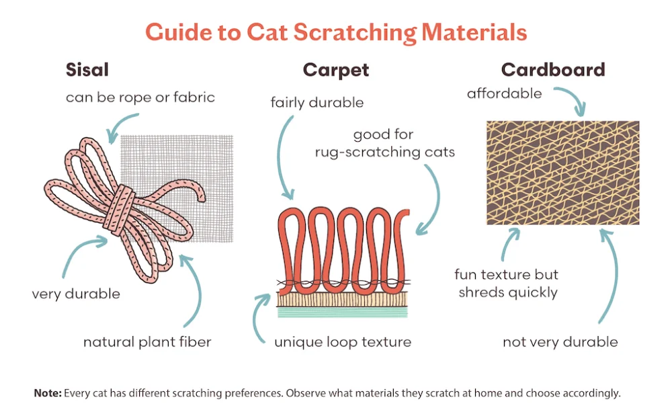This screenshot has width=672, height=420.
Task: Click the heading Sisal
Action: click(87, 69)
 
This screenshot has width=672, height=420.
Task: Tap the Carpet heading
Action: click(335, 71)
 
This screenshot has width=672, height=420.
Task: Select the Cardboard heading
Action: click(553, 69)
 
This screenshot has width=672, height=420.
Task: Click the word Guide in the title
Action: click(179, 32)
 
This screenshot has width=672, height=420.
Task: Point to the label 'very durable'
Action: click(76, 294)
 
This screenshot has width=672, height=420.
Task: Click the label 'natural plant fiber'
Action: click(147, 342)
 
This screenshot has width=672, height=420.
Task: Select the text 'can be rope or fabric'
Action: click(140, 97)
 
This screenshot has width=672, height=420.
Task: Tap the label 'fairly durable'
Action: click(317, 103)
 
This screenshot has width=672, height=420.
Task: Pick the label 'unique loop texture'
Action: click(343, 342)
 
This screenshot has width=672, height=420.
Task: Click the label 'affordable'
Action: click(504, 93)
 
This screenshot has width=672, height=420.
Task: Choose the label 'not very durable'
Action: click(560, 342)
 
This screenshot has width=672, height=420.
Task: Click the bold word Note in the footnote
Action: click(48, 393)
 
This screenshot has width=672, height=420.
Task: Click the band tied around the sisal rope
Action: click(120, 210)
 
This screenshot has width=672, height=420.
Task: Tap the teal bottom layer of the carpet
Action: click(343, 312)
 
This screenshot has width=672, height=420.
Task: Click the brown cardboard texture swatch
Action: click(562, 173)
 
